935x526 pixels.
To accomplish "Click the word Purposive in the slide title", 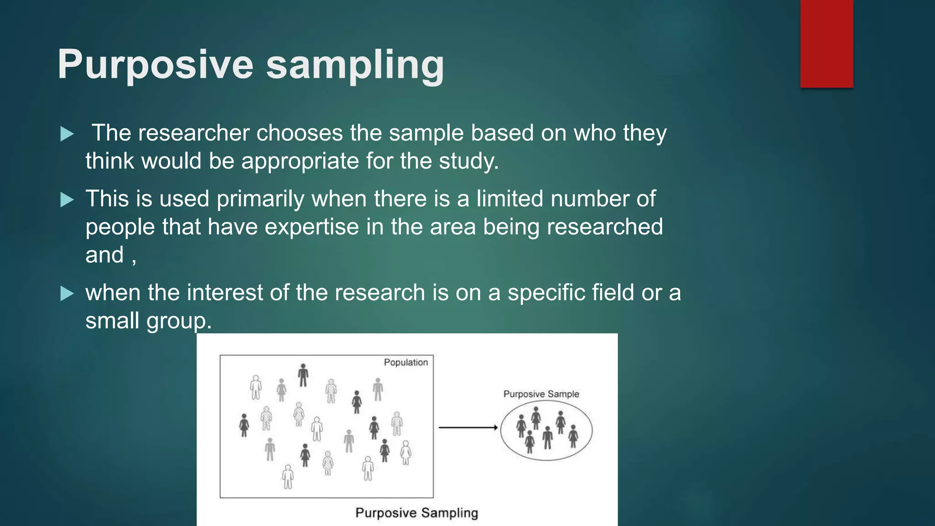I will pyautogui.click(x=155, y=65).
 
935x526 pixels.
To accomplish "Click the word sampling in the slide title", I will pyautogui.click(x=355, y=65).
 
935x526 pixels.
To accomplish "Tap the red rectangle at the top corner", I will pyautogui.click(x=826, y=44).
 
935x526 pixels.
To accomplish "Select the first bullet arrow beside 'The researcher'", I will pyautogui.click(x=67, y=134).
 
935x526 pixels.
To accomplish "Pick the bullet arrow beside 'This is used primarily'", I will pyautogui.click(x=67, y=200).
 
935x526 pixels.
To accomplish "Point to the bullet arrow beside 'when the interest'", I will pyautogui.click(x=67, y=294).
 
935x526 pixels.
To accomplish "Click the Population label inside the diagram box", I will pyautogui.click(x=405, y=363).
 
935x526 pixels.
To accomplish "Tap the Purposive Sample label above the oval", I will pyautogui.click(x=541, y=394).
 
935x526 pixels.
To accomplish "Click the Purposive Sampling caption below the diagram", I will pyautogui.click(x=416, y=513).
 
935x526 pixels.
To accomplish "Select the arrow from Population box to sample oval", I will pyautogui.click(x=468, y=427).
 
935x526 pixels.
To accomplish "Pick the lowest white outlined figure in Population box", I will pyautogui.click(x=288, y=477).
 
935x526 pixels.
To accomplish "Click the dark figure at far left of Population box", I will pyautogui.click(x=244, y=425).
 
